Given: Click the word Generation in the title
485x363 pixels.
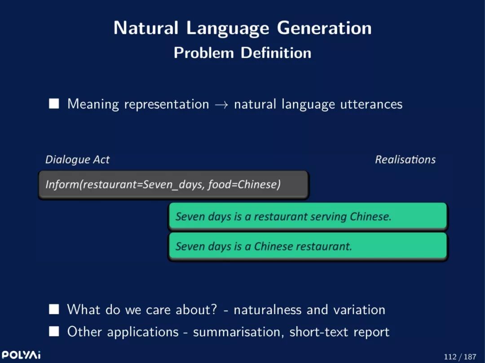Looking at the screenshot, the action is click(x=324, y=28).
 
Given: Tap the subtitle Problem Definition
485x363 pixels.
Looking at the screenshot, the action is click(x=242, y=53).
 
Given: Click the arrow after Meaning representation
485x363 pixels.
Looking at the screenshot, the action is click(x=221, y=105).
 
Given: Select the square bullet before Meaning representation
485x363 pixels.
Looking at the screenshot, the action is click(x=54, y=104).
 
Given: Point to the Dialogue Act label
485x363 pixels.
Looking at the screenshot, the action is click(x=77, y=160).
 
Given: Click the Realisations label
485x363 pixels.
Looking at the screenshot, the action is click(x=405, y=159).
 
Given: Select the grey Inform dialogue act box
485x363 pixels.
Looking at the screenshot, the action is click(x=173, y=185).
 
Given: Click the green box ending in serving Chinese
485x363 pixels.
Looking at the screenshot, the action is click(x=308, y=217).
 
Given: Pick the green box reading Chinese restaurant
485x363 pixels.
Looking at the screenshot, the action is click(x=308, y=246).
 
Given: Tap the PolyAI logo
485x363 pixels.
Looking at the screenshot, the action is click(x=21, y=354).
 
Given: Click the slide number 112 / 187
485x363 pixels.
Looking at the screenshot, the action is click(x=460, y=357).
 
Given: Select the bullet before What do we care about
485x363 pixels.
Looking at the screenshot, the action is click(x=54, y=309).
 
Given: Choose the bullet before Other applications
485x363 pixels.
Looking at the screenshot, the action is click(x=54, y=332).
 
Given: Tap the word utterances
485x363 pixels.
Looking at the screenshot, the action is click(x=371, y=104).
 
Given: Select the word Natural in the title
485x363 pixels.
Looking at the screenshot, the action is click(x=145, y=28).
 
